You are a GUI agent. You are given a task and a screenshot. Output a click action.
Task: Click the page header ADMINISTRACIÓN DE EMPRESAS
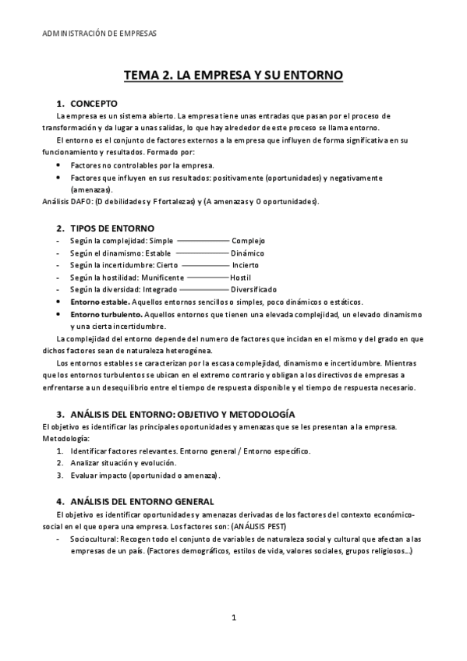click(98, 34)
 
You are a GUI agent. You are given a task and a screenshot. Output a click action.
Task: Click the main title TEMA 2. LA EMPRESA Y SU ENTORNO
click(233, 76)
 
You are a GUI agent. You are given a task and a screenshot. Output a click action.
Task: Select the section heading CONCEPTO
click(94, 103)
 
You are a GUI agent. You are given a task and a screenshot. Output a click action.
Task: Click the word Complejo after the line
click(248, 241)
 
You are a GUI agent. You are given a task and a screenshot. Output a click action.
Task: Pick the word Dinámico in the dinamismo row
click(247, 253)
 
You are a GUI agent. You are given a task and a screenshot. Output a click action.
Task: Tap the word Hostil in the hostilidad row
click(240, 277)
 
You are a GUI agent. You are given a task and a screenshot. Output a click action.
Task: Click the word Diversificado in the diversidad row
click(253, 289)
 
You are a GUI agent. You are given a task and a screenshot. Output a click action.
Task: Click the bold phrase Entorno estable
click(99, 302)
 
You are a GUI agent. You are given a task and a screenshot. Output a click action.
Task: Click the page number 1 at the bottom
click(233, 617)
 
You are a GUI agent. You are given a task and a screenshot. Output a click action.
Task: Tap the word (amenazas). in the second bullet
click(91, 189)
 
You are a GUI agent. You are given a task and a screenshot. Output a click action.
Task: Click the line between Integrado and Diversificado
click(203, 289)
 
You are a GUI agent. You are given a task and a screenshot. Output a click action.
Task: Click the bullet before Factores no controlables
click(61, 165)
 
